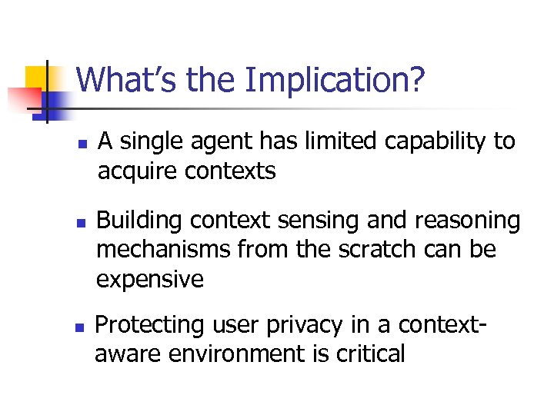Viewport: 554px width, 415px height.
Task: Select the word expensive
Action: pyautogui.click(x=150, y=280)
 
